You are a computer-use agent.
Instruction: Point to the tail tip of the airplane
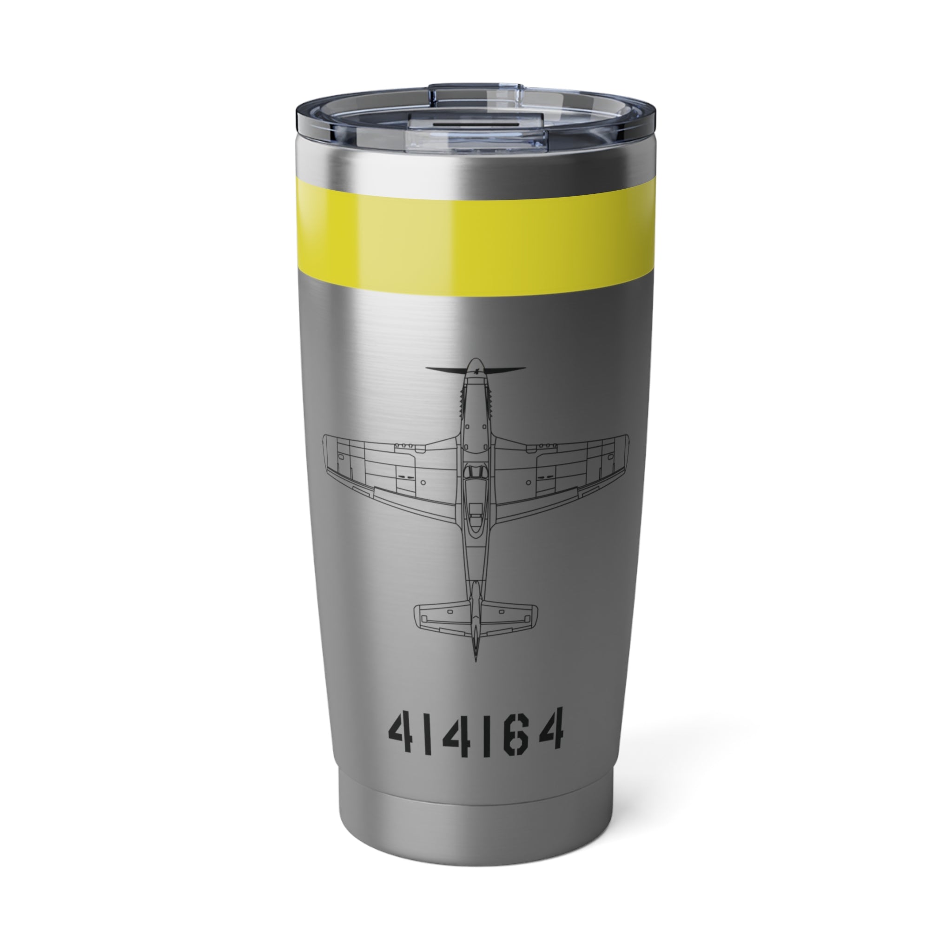(x=476, y=658)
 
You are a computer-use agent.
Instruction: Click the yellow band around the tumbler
(x=476, y=239)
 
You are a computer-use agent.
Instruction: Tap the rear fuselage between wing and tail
(x=476, y=557)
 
